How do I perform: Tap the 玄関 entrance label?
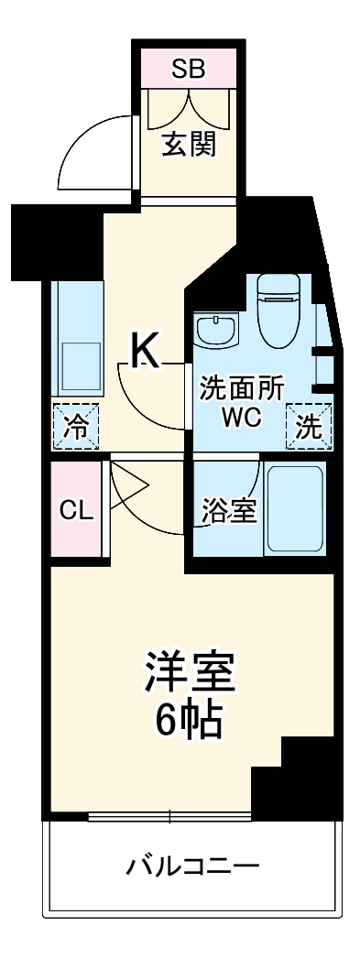pos(190,145)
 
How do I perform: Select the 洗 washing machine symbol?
pos(310,426)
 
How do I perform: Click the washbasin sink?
pos(216,331)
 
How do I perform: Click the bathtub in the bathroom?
pos(294,507)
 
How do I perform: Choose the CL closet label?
pos(77,510)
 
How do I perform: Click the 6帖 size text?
pos(189,722)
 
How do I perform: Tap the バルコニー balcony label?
pos(192,865)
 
